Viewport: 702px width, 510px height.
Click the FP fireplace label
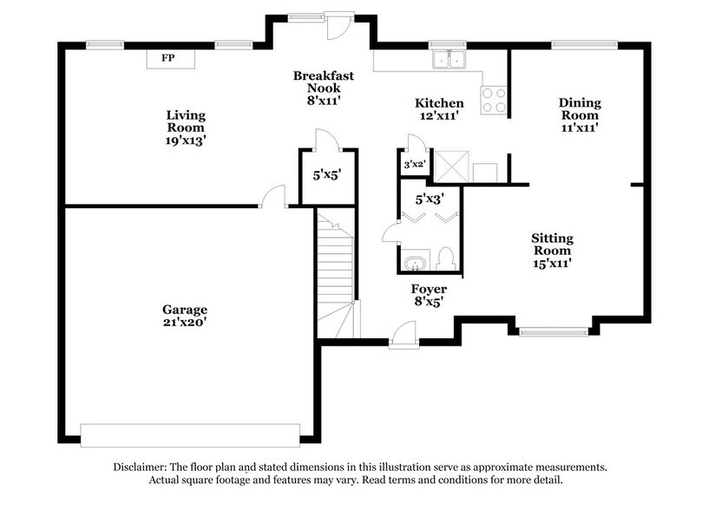(169, 58)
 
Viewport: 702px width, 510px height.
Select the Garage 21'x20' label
(185, 315)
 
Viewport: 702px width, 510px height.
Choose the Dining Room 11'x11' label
(580, 114)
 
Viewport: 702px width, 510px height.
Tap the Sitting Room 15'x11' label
(552, 250)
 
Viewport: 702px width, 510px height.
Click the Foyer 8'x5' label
(429, 295)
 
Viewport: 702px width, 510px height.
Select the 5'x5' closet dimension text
(327, 173)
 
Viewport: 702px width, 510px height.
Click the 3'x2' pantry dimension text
(414, 163)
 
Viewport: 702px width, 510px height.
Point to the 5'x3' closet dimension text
(431, 199)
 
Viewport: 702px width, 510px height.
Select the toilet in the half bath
(446, 258)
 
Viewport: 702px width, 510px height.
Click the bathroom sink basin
(413, 260)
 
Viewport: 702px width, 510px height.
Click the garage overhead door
(189, 432)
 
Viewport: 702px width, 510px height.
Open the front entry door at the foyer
(403, 337)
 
